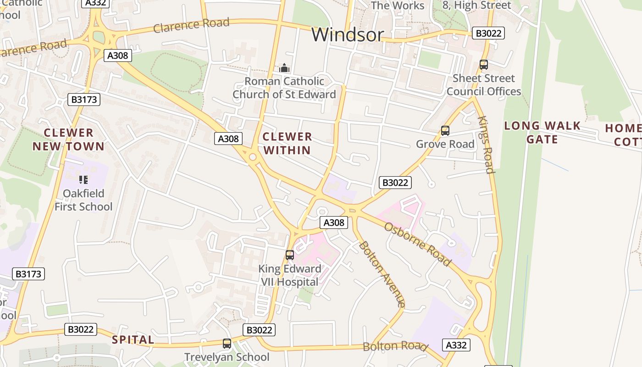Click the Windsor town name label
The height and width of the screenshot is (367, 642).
347,35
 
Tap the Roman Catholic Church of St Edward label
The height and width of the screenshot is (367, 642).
284,88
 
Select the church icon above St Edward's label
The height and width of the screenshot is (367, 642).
284,68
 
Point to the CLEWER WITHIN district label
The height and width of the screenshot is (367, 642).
288,143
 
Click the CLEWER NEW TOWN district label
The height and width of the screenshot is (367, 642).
69,139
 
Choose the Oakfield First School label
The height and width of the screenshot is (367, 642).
83,200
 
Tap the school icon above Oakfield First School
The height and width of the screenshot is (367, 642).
83,179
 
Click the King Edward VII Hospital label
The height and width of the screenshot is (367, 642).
290,275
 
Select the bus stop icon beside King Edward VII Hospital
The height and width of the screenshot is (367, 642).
290,255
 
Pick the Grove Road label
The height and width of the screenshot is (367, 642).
445,144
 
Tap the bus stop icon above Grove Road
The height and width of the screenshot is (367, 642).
445,131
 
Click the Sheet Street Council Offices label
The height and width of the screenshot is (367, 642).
484,85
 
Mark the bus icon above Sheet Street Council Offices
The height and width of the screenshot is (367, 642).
484,65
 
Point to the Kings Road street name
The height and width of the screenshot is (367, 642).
486,145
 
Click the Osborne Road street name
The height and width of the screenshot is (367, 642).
417,244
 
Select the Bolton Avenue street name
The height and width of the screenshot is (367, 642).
382,274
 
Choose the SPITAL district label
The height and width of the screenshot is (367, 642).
133,340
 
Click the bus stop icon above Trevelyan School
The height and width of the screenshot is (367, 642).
227,343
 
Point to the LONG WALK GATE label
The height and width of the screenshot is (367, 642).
542,133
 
